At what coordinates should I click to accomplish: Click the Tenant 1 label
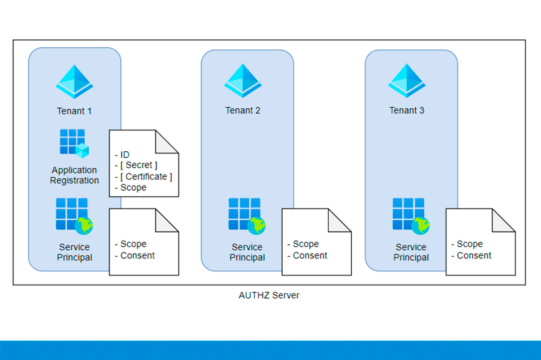coord(74,111)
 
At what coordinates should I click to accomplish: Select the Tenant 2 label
coord(243,111)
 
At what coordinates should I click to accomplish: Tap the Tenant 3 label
coord(407,111)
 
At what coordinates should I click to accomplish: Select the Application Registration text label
coord(74,175)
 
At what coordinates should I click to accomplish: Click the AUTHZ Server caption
coord(269,295)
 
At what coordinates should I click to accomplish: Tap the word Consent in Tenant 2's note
coord(310,255)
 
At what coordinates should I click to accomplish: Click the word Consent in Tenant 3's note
coord(474,255)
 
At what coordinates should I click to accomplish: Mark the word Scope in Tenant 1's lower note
coord(133,244)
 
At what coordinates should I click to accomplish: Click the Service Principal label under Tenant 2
coord(247,252)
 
